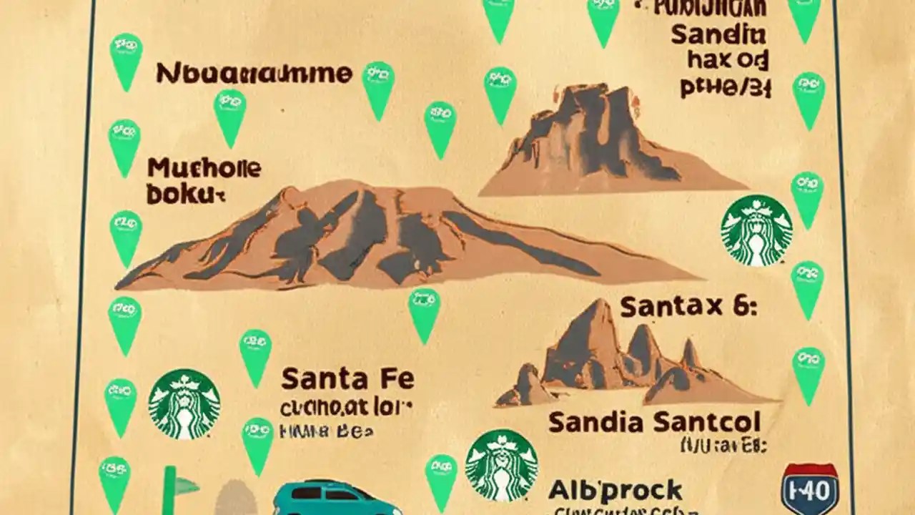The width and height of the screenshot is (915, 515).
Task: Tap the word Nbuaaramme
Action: [254, 73]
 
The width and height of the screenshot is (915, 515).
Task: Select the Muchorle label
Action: [204, 170]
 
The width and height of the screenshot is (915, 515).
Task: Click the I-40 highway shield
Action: [810, 489]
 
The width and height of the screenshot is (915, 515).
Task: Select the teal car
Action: [336, 499]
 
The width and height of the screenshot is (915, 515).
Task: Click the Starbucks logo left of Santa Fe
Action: [184, 403]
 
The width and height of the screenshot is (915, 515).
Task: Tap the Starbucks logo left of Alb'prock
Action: [501, 465]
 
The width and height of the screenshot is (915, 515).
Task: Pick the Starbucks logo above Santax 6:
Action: [756, 230]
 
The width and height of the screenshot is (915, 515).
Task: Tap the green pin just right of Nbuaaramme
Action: [379, 89]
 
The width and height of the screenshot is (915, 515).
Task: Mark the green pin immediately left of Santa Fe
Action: [255, 356]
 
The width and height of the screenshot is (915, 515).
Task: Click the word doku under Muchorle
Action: [184, 194]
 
